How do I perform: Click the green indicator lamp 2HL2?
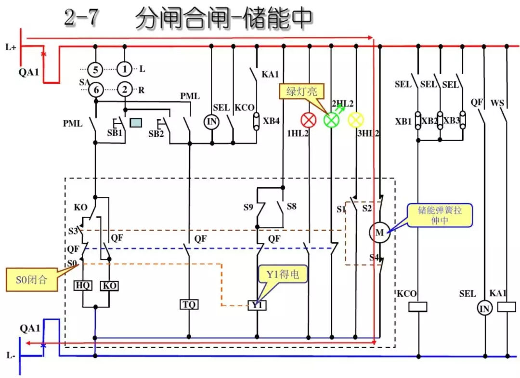(332, 120)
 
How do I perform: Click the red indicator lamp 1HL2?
(308, 120)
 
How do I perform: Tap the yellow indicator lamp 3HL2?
(356, 120)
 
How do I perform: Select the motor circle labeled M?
(379, 233)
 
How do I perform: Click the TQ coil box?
(189, 304)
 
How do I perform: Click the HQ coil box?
(83, 286)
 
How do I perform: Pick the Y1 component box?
(257, 305)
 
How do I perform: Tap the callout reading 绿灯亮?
(299, 91)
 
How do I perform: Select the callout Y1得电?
(283, 275)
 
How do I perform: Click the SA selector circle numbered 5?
(95, 69)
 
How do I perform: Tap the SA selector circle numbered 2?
(125, 90)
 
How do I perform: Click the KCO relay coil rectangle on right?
(417, 307)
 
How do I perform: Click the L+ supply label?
(11, 47)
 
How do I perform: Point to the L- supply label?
(11, 355)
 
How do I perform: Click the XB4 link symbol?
(257, 121)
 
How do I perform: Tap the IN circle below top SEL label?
(212, 122)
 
